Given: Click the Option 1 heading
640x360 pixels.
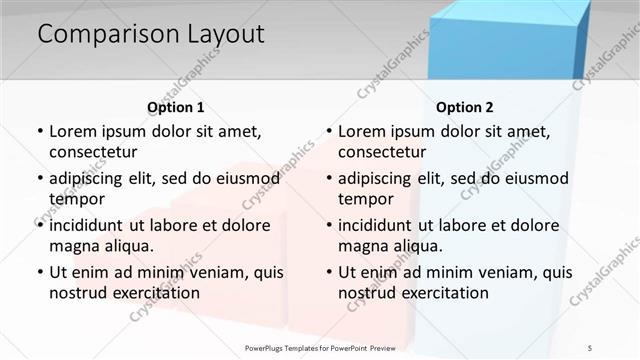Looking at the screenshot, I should click(x=176, y=107).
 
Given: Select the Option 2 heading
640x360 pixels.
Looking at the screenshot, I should click(x=465, y=107).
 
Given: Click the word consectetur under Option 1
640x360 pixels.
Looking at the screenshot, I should click(x=93, y=152).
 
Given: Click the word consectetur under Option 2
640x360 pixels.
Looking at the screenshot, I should click(x=382, y=152).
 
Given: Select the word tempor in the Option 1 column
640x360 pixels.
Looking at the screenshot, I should click(x=76, y=198).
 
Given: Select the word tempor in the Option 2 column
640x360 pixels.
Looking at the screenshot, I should click(x=365, y=198).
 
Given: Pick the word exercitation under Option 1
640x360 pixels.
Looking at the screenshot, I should click(x=153, y=292).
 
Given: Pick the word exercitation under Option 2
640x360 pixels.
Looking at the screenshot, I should click(x=442, y=292).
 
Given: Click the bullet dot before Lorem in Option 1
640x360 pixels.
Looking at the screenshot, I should click(x=39, y=131).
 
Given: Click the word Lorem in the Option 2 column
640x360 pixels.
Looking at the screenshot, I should click(x=362, y=131).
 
